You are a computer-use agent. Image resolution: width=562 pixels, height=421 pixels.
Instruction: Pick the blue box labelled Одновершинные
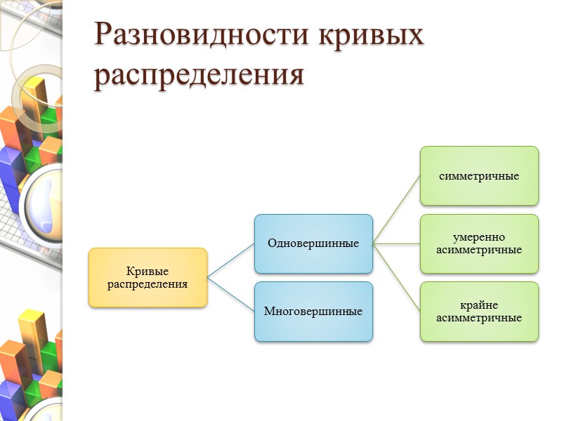point(313,243)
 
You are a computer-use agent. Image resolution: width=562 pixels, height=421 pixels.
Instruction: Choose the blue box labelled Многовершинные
point(313,312)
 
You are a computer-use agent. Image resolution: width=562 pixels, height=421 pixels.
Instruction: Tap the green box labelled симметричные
point(479,175)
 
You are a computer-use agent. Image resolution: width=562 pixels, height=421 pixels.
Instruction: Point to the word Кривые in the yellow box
point(148,272)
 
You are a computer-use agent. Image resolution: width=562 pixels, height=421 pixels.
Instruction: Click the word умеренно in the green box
point(479,237)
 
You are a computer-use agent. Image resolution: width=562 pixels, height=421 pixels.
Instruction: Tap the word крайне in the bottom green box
point(479,305)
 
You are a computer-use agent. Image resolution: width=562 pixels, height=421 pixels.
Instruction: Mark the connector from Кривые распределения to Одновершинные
point(230,260)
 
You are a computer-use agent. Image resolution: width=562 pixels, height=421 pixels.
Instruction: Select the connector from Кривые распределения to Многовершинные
point(230,294)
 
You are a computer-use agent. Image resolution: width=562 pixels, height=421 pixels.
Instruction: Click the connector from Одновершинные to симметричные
point(396,210)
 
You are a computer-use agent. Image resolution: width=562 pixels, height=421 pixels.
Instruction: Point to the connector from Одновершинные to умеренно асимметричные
point(396,243)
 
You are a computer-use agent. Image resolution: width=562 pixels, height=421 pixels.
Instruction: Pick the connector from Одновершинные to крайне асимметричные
point(396,278)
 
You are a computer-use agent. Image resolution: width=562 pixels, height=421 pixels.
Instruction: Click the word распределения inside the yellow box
point(148,284)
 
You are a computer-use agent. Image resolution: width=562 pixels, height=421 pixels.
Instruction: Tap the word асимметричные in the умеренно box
point(479,250)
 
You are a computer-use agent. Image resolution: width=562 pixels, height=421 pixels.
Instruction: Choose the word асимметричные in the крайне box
point(479,318)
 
